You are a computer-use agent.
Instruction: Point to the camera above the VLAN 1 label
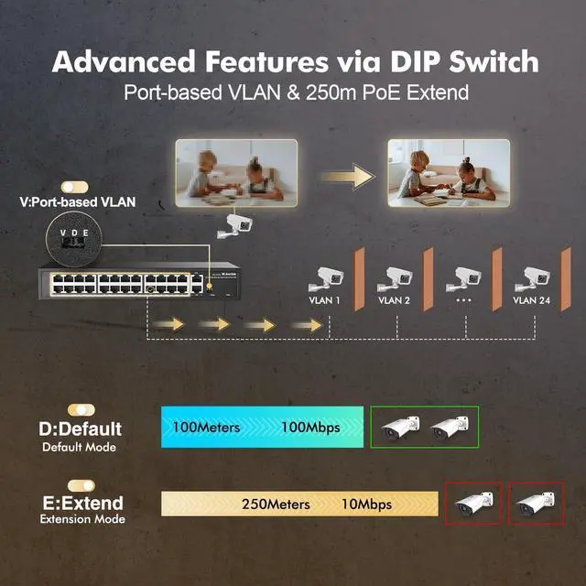(x=327, y=277)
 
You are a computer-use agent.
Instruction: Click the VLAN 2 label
(x=394, y=300)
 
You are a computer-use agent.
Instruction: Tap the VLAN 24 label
(x=531, y=300)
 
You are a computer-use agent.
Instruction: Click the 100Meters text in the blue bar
(x=206, y=428)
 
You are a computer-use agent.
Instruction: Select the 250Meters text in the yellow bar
(x=276, y=504)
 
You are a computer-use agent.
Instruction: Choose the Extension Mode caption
(x=82, y=520)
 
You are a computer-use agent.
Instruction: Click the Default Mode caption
(x=79, y=448)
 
